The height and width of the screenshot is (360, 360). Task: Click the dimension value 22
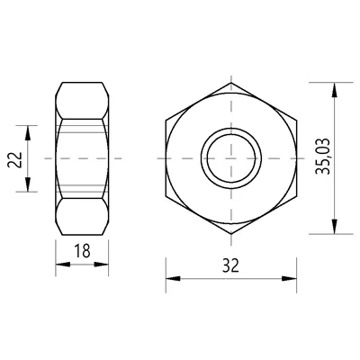(x=15, y=160)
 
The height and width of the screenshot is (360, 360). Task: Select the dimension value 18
(x=82, y=251)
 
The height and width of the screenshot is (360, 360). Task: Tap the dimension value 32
(x=230, y=265)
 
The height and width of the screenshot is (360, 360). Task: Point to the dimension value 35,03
(x=323, y=157)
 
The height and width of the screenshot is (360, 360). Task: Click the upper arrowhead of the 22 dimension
(x=28, y=133)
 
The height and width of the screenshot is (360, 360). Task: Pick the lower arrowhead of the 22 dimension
(x=28, y=184)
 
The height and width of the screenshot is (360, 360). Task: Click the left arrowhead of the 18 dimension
(x=63, y=265)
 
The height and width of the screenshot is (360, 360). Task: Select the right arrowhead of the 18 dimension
(x=101, y=265)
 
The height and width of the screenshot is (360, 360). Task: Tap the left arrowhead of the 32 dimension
(x=173, y=278)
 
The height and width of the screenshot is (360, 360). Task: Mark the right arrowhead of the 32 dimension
(x=289, y=278)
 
